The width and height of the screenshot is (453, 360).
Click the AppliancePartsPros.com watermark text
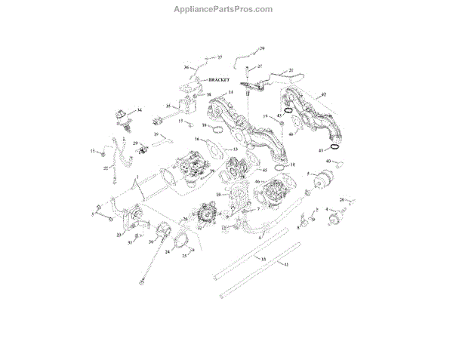226,9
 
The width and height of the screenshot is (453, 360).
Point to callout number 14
220,92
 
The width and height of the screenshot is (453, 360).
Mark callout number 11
94,152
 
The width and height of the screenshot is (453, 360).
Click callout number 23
119,235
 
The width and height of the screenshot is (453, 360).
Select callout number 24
168,251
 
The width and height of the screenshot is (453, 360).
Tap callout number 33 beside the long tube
263,259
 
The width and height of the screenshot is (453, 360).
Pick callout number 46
257,182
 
